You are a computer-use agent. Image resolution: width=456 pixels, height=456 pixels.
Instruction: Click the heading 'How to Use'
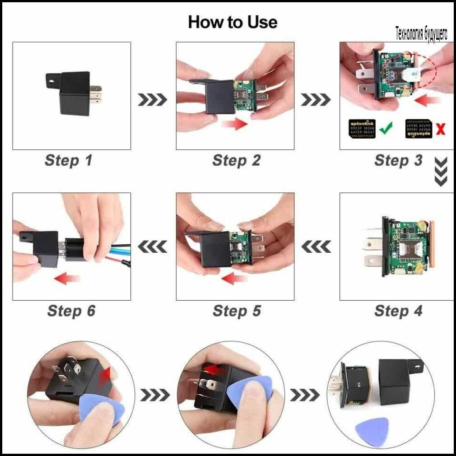point(233,22)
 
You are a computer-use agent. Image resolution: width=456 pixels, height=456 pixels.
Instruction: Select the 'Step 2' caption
point(236,160)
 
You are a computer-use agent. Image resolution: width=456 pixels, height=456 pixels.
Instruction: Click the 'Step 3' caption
point(398,160)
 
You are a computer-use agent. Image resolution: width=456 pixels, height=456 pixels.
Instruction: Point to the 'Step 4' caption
point(398,311)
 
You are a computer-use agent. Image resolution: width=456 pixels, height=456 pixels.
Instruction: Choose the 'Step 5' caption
point(237,311)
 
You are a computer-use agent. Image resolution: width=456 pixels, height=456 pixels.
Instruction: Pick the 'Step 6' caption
point(71,311)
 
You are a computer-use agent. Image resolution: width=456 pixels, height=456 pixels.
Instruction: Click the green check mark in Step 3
point(386,129)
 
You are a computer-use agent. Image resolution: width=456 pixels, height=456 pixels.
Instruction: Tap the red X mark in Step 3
point(440,130)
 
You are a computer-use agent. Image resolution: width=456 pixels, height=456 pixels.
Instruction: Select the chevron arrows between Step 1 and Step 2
point(152,99)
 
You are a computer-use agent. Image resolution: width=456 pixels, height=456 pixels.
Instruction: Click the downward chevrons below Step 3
point(441,172)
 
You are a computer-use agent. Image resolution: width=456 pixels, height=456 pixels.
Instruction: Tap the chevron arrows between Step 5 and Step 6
point(152,247)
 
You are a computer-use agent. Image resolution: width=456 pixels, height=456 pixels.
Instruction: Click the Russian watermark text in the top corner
point(421,34)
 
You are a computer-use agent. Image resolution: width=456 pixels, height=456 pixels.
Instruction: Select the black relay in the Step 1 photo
point(74,92)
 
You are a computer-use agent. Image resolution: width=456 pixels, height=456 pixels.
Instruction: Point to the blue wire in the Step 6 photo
point(117,247)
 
